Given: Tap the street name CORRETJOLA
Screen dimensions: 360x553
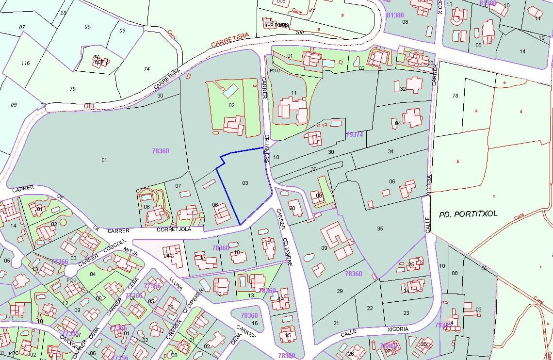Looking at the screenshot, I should coord(174,229).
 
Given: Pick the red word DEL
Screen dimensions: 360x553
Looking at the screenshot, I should coord(90,105).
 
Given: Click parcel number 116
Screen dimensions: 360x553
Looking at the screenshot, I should coord(25,63).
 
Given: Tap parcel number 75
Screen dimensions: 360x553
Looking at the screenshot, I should coord(72,89).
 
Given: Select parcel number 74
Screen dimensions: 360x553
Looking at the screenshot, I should coord(146,69).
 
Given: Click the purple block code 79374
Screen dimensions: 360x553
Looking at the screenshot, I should coord(355,134).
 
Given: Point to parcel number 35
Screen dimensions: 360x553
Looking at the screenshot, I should coord(380,228).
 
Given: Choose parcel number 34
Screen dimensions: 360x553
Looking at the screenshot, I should coord(390,152).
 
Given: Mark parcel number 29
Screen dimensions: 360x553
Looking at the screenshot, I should coord(340,291).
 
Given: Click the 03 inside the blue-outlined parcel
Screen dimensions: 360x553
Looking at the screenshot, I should coord(245,183).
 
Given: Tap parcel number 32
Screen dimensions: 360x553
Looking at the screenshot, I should coord(403,89).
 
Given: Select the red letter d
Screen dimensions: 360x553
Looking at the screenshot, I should coord(521,112).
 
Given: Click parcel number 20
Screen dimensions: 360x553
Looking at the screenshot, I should coord(292,208).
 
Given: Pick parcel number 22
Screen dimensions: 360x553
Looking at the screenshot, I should coord(370,308).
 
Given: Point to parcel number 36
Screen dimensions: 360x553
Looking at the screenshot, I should coord(313,169).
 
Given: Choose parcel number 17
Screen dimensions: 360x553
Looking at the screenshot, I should coord(203,257).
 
